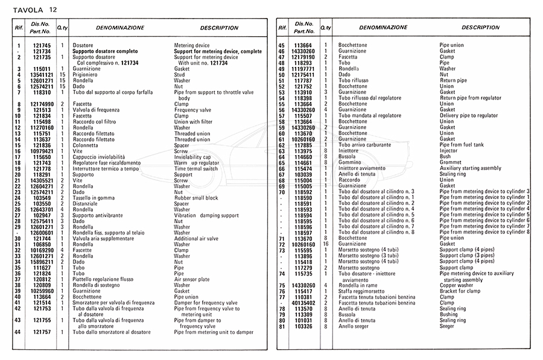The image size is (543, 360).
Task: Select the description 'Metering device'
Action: (192, 46)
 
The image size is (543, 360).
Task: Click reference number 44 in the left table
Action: (19, 332)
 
